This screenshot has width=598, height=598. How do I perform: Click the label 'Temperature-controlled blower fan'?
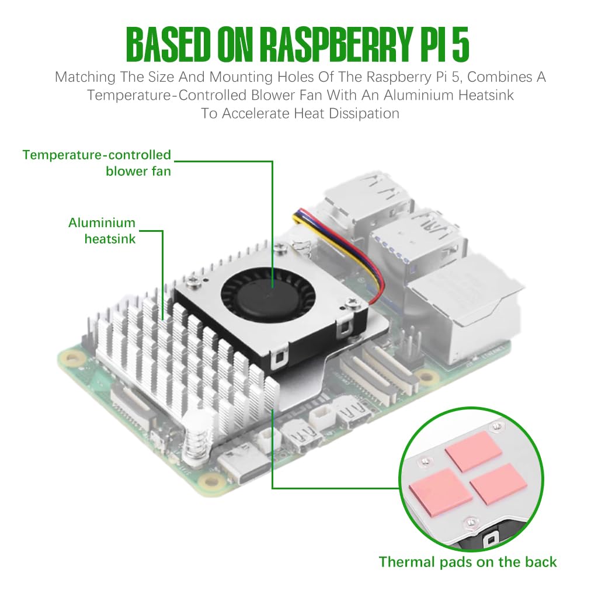97,163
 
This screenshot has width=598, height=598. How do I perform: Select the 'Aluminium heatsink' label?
102,231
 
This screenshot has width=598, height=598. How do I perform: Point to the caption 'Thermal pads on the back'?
468,562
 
